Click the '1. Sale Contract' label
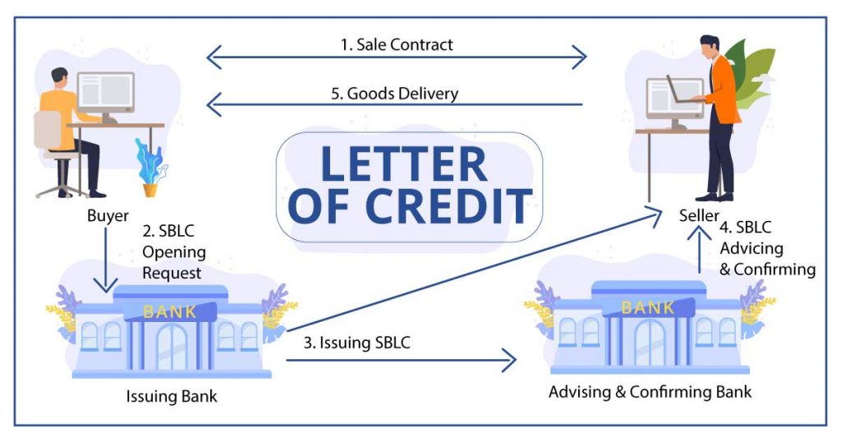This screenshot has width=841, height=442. (x=397, y=45)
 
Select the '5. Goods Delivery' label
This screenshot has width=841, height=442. (x=394, y=93)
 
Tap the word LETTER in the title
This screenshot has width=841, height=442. (x=403, y=164)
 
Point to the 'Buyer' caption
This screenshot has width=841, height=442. (x=108, y=218)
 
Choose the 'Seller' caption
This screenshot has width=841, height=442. (x=699, y=215)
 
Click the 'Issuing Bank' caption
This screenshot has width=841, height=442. (x=172, y=397)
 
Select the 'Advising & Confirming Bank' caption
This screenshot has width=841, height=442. (x=650, y=392)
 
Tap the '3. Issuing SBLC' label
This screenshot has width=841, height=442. (x=356, y=343)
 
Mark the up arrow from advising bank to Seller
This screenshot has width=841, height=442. (x=699, y=251)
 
